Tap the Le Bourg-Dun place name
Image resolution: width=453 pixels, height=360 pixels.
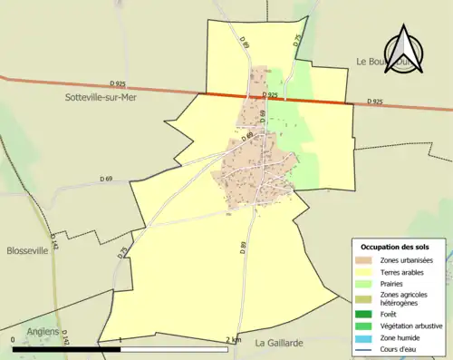[375, 62]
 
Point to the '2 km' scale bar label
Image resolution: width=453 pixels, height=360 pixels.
[234, 340]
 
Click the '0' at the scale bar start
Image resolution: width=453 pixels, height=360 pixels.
[14, 340]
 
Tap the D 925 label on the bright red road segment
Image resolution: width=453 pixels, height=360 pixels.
[269, 94]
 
